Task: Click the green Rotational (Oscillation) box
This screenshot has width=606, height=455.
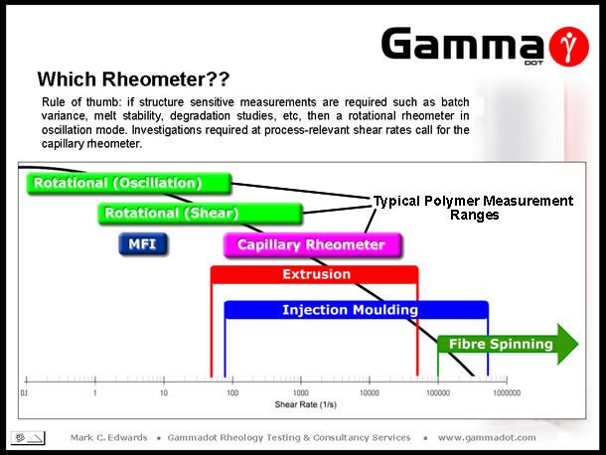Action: (129, 183)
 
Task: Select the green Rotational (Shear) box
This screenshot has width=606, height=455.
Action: (201, 213)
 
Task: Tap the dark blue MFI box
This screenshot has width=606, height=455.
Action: (143, 244)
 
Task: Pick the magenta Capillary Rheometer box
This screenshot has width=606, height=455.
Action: (313, 244)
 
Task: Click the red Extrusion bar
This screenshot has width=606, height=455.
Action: (315, 274)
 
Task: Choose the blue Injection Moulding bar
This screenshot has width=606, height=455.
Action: (357, 310)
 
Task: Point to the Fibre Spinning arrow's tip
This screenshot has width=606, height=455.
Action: (578, 344)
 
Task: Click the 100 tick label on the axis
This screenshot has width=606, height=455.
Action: (232, 393)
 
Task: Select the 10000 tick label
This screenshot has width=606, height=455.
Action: (370, 393)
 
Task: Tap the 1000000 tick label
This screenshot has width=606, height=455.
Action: (507, 393)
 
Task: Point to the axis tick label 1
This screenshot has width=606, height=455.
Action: (94, 393)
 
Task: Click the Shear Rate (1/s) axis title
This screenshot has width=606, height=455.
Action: (305, 404)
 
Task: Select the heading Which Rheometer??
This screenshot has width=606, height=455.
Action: (133, 79)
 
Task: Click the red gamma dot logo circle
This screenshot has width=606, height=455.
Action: (568, 47)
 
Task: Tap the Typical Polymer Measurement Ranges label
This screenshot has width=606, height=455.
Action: (473, 208)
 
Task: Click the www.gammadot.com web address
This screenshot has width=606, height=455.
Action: (487, 437)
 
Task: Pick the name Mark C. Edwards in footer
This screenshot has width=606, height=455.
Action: (108, 437)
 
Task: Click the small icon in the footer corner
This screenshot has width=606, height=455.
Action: (28, 438)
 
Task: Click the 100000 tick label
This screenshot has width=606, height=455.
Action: (438, 393)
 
